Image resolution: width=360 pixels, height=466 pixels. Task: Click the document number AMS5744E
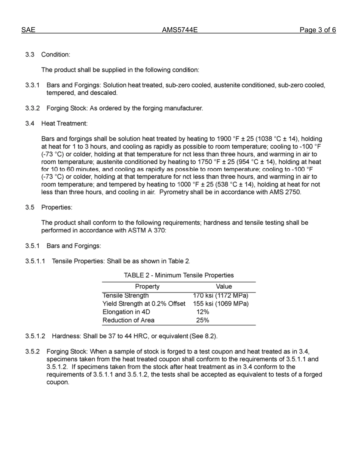180,30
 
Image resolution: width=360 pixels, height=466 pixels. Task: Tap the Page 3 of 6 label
318,30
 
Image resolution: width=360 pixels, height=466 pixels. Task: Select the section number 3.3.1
33,85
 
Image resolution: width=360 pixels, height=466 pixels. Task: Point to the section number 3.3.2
33,108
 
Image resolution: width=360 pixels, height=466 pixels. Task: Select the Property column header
147,287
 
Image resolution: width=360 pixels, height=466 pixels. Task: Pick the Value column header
224,287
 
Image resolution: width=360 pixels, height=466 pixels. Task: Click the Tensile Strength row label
126,296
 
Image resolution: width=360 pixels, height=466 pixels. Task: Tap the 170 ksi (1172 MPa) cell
221,296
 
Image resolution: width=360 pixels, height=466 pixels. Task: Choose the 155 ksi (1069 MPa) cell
221,304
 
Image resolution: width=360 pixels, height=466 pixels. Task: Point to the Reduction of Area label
128,321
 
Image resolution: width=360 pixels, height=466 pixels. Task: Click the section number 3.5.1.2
35,336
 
